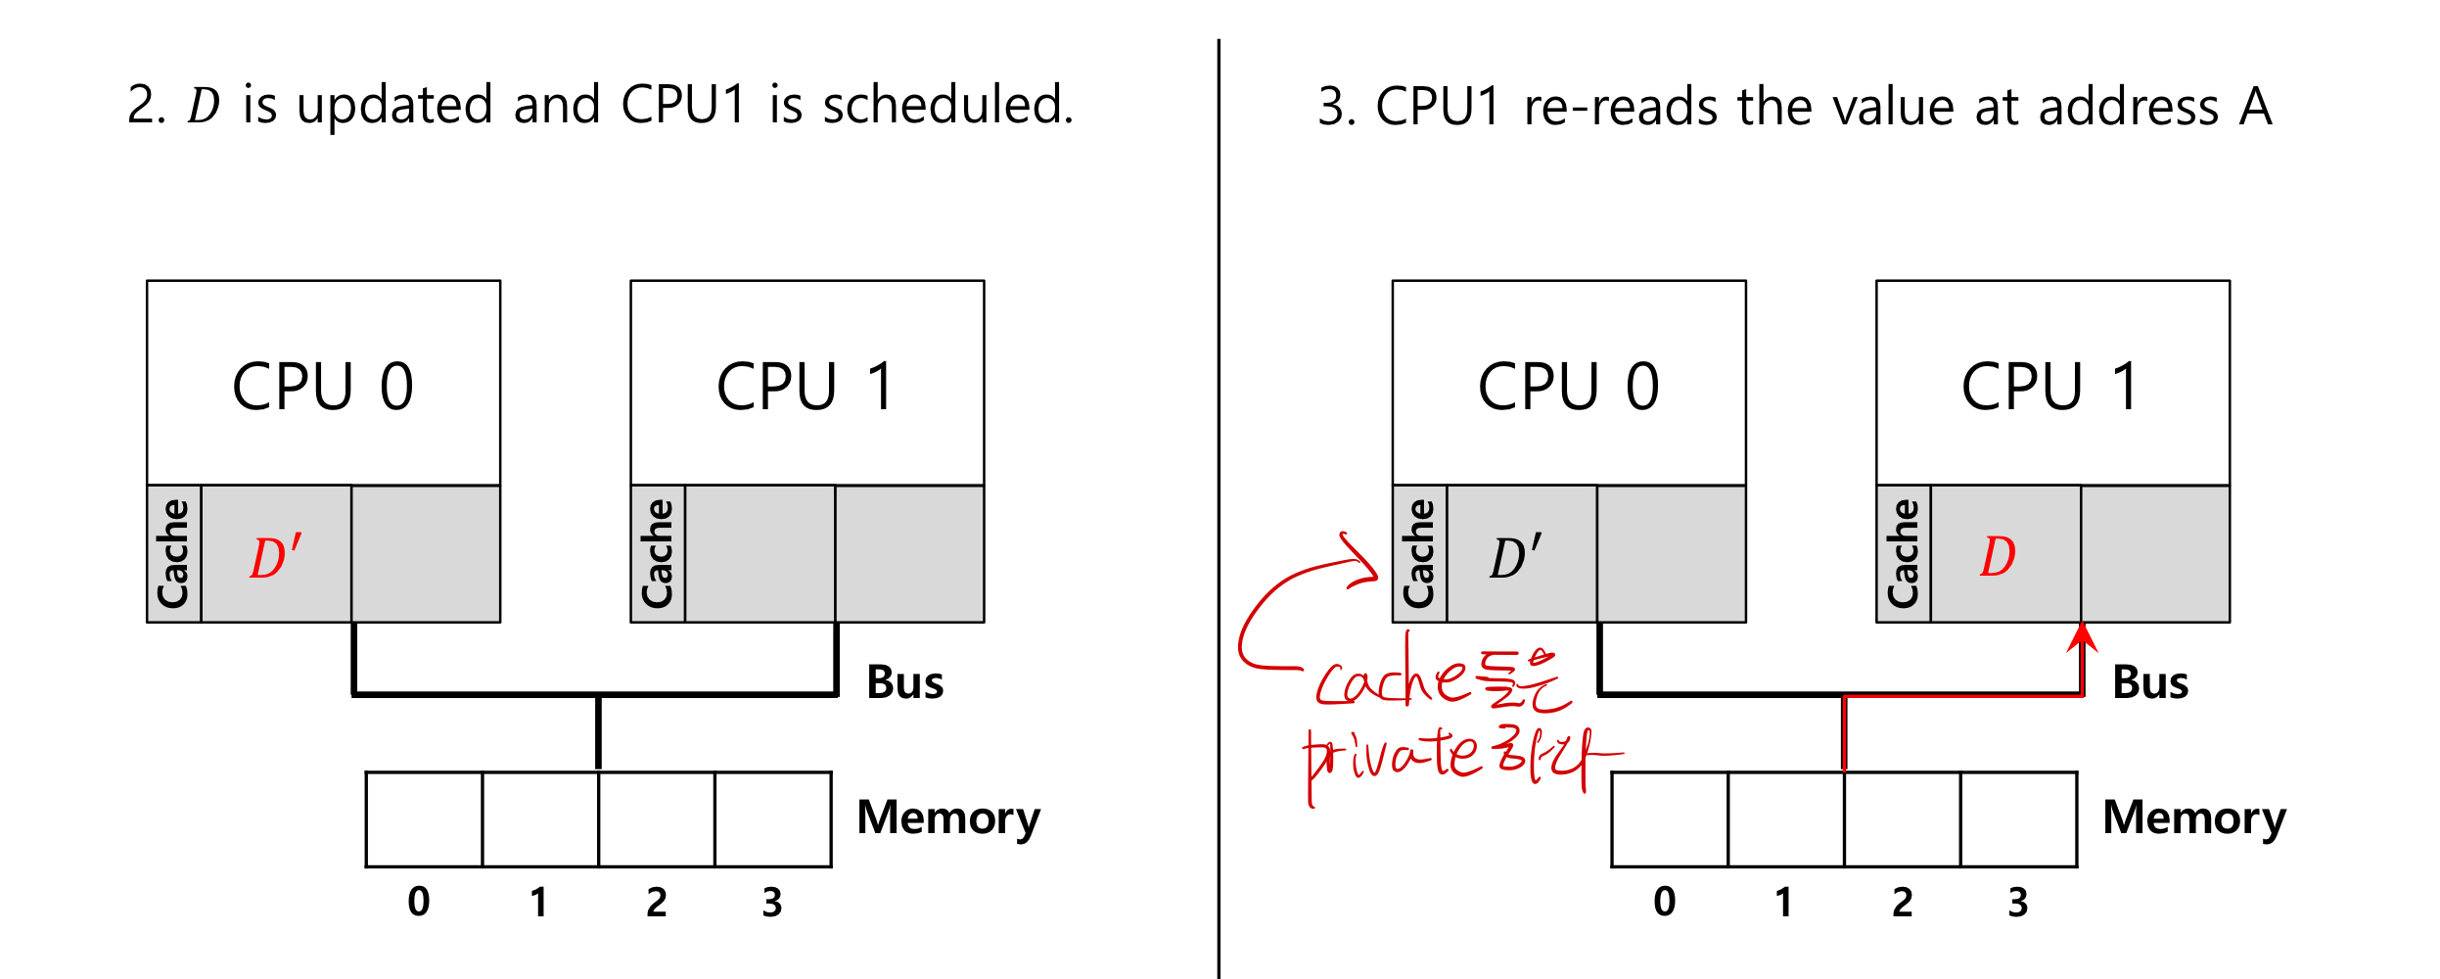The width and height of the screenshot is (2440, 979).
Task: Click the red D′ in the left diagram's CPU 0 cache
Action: pos(275,557)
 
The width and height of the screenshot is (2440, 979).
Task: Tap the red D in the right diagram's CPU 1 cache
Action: pos(1998,557)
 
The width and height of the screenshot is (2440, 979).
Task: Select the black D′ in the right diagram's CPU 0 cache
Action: pos(1515,557)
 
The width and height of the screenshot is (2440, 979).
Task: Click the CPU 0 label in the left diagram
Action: pos(323,387)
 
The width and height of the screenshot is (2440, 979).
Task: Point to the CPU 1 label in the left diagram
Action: pos(806,387)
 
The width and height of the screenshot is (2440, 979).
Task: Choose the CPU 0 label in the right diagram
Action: pos(1568,387)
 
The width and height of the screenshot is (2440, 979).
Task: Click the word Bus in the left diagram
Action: pos(904,682)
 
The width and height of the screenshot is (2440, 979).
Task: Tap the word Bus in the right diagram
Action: pos(2150,682)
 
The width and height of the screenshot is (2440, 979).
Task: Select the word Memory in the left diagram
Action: pos(947,817)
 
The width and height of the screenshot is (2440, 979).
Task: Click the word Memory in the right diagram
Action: pos(2193,817)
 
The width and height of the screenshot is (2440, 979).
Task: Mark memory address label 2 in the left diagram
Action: pos(656,902)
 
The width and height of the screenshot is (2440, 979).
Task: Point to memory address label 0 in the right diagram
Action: pos(1664,902)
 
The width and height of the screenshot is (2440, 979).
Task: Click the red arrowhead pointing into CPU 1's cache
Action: pos(2082,638)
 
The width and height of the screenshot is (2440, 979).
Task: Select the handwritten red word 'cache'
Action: pos(1390,680)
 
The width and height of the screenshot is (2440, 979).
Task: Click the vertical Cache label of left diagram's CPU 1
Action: pos(658,554)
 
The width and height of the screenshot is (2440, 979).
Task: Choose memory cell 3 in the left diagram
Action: pos(772,819)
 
